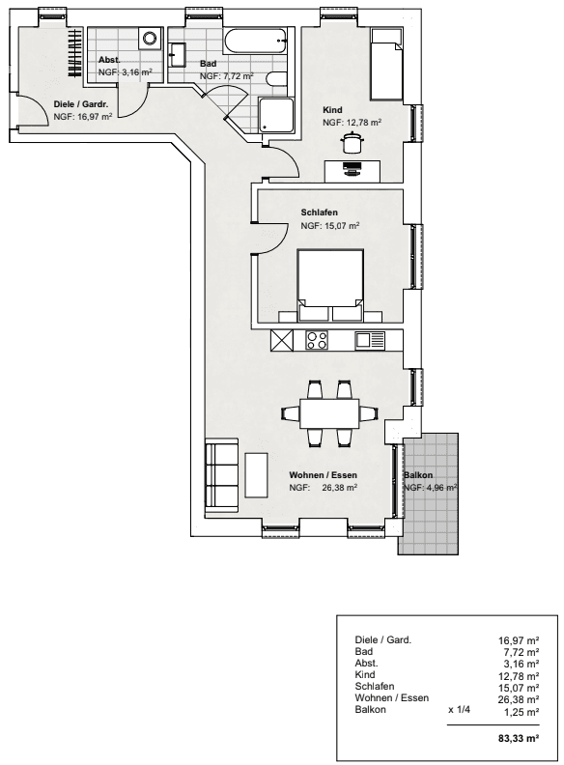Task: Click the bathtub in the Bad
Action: pyautogui.click(x=255, y=41)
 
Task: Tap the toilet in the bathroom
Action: pyautogui.click(x=277, y=79)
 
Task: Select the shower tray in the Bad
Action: pyautogui.click(x=276, y=115)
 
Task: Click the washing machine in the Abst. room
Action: pyautogui.click(x=150, y=38)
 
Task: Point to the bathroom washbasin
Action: pyautogui.click(x=177, y=55)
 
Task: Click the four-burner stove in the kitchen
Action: pyautogui.click(x=317, y=340)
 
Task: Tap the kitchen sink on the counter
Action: pyautogui.click(x=370, y=340)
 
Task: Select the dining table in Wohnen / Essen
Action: pyautogui.click(x=330, y=413)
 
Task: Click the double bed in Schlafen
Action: pyautogui.click(x=330, y=285)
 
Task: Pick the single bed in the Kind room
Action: pyautogui.click(x=386, y=64)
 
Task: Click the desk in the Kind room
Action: pyautogui.click(x=352, y=171)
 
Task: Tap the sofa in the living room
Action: pyautogui.click(x=222, y=475)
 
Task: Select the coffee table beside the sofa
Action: pyautogui.click(x=256, y=475)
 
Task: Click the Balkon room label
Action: pyautogui.click(x=418, y=474)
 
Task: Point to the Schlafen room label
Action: pyautogui.click(x=319, y=212)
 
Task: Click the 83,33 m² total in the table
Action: pyautogui.click(x=519, y=738)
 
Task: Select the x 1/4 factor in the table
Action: pyautogui.click(x=459, y=709)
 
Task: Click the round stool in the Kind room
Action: pyautogui.click(x=352, y=142)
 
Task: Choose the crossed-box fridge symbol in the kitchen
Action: pyautogui.click(x=282, y=340)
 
